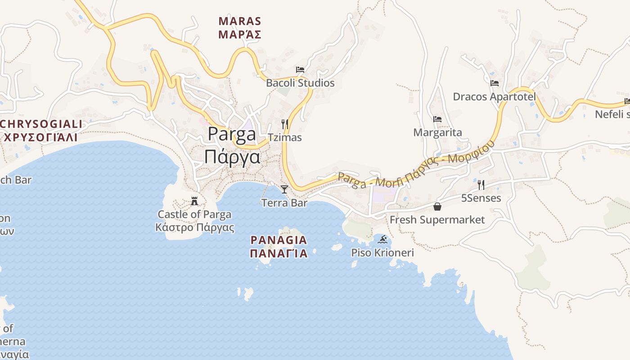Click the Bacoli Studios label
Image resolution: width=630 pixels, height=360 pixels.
click(x=300, y=83)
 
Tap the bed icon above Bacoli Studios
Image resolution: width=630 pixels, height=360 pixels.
click(x=300, y=70)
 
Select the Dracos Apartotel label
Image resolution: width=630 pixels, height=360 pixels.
click(x=494, y=97)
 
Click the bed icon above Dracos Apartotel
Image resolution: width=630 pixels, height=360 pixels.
click(x=495, y=83)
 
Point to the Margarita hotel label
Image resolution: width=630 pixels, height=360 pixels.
click(x=437, y=133)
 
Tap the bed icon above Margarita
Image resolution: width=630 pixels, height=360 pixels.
click(x=437, y=119)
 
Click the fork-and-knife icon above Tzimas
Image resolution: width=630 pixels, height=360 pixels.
click(x=284, y=124)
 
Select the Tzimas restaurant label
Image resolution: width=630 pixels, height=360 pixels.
click(x=284, y=137)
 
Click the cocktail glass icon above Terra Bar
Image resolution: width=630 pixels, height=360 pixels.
click(x=284, y=189)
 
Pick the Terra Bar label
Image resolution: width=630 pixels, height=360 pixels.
click(x=284, y=203)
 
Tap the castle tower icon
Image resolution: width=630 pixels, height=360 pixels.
click(x=195, y=200)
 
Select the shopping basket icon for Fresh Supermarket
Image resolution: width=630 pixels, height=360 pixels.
click(x=437, y=207)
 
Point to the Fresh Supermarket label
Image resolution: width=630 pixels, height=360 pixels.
click(x=437, y=220)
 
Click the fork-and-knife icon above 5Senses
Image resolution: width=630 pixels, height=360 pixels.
click(x=481, y=184)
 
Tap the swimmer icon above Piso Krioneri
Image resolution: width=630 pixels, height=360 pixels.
click(x=382, y=239)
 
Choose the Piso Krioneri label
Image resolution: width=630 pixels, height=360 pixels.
click(x=382, y=252)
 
